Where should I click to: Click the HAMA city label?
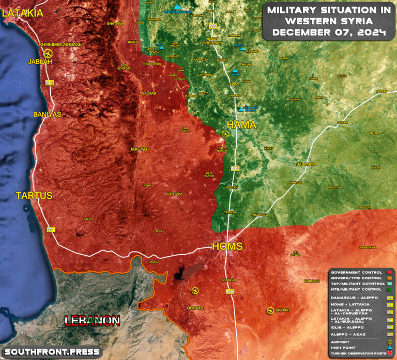[241, 124]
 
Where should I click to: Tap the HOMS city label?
[227, 246]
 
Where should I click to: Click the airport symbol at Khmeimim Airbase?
[48, 54]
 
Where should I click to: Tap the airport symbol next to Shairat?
[270, 310]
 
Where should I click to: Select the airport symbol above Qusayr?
[194, 291]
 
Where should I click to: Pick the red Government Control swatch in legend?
[388, 272]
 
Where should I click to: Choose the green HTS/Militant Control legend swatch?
[388, 290]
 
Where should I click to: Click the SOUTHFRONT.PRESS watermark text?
[52, 352]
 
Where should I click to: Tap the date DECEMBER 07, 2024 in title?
[329, 33]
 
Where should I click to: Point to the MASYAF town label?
[140, 149]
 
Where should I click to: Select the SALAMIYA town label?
[306, 164]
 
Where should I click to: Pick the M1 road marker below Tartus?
[51, 229]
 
